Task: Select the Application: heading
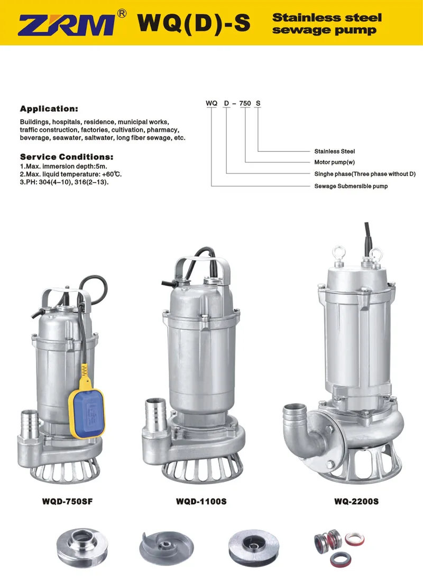[x=49, y=109]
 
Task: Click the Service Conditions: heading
[x=67, y=157]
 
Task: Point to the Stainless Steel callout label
[x=335, y=151]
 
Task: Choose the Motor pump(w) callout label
[x=335, y=162]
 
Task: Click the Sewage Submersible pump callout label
[x=351, y=186]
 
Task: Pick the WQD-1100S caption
[x=201, y=501]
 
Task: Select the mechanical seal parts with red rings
[x=339, y=547]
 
